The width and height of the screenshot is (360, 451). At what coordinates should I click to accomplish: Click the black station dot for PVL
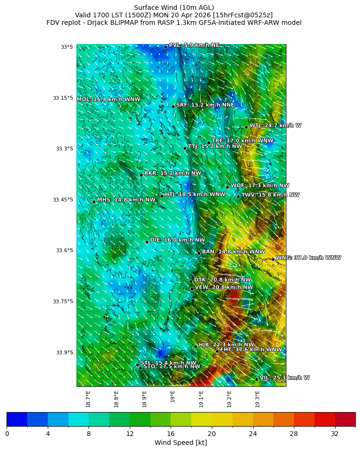165,47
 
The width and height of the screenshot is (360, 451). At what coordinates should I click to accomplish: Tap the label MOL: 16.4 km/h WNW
108,99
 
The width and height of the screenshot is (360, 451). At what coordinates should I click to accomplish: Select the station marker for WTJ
246,127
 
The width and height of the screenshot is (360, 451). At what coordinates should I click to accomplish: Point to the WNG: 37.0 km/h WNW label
308,258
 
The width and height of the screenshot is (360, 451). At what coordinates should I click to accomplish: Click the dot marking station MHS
94,202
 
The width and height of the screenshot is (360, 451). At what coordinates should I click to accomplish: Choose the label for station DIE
177,240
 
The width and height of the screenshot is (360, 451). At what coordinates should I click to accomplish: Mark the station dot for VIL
257,379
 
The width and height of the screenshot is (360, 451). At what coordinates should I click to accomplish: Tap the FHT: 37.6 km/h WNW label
251,350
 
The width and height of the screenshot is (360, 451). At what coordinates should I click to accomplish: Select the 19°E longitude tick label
173,397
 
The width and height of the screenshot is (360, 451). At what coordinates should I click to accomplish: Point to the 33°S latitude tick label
67,47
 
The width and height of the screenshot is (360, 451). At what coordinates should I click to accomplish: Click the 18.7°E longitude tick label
88,398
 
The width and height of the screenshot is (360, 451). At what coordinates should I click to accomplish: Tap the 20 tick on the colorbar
212,434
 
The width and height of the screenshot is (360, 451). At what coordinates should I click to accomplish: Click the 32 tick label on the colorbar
335,434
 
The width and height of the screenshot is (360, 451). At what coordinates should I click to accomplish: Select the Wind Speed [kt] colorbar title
180,443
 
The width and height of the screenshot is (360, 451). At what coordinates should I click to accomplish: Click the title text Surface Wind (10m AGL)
174,8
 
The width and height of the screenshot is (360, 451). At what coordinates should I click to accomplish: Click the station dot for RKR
141,175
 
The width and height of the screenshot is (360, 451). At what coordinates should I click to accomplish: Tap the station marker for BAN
199,253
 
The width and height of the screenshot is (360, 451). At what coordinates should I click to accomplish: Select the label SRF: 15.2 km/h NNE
205,105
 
